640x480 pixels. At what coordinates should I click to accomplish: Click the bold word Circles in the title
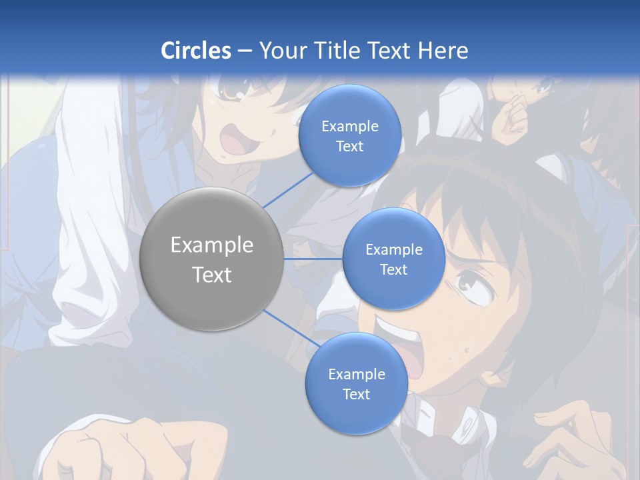coord(196,51)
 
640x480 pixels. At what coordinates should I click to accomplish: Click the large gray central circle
coord(211,259)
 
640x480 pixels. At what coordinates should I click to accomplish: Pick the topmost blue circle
coord(349,136)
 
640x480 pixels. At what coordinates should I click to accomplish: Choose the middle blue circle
coord(393,259)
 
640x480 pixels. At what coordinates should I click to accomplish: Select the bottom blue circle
coord(356,383)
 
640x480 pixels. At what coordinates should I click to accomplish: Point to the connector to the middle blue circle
coord(313,259)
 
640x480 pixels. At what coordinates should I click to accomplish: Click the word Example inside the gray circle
coord(211,245)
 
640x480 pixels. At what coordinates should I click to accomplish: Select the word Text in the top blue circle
coord(349,147)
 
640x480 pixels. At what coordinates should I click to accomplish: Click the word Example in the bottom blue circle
coord(356,374)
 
